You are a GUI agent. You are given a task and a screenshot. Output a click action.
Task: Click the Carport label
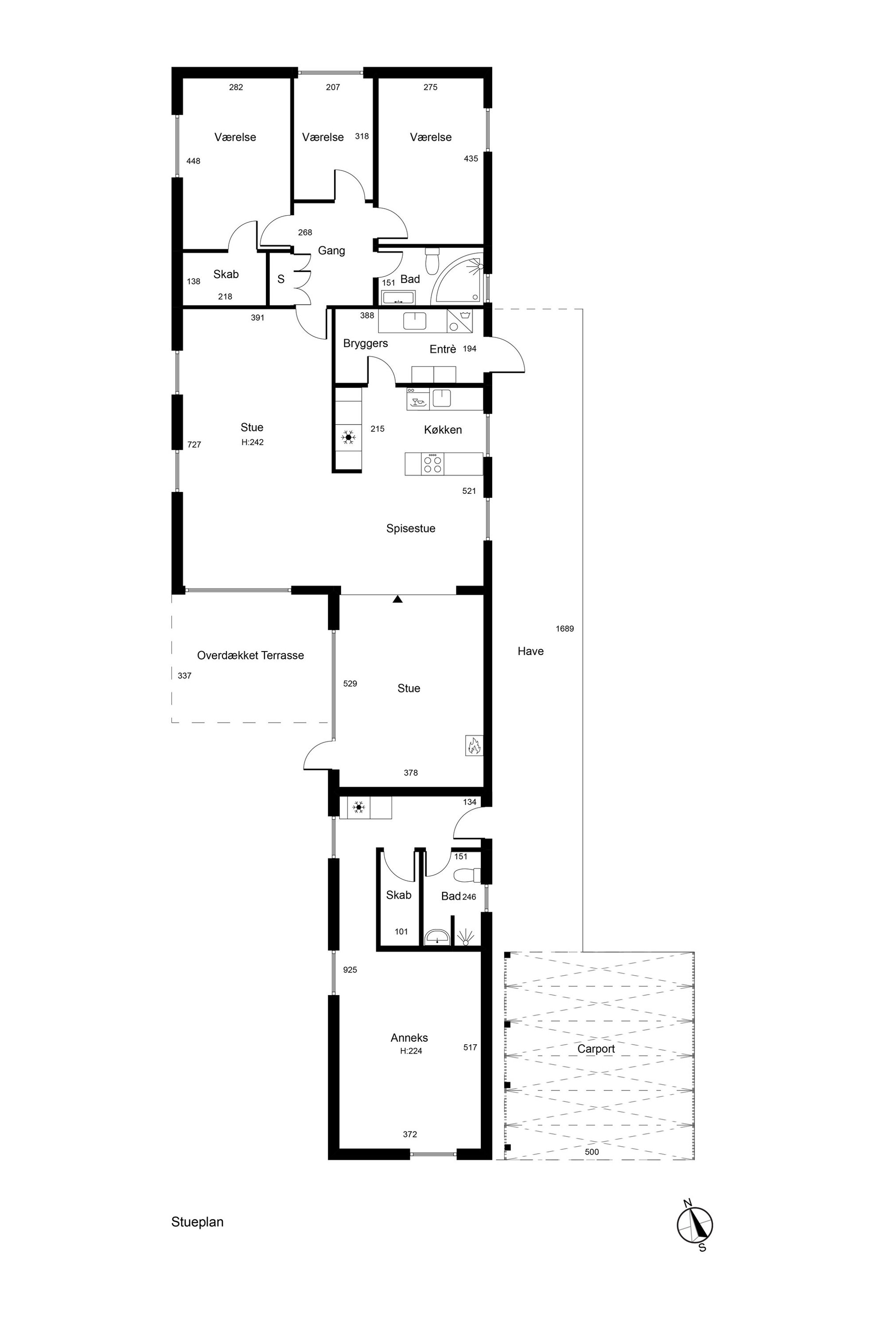596,1049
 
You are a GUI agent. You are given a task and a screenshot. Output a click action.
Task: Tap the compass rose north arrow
695,1225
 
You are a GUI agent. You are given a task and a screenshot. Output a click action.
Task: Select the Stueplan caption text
197,1222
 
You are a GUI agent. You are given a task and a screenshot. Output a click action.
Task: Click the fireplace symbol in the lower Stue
474,745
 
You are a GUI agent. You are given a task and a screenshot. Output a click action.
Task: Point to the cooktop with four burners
432,464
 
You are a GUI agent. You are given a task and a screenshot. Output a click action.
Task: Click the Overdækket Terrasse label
251,655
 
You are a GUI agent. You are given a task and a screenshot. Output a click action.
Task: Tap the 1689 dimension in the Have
564,629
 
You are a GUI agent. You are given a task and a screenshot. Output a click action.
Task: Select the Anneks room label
409,1038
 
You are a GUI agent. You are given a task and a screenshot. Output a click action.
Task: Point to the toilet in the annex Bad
467,875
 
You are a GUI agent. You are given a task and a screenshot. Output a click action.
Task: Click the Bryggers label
366,344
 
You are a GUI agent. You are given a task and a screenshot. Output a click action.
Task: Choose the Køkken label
443,430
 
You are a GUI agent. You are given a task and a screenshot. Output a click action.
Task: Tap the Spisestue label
411,528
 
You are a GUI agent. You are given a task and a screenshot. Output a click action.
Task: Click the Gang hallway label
331,251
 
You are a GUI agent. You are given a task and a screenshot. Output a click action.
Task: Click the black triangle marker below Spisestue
398,599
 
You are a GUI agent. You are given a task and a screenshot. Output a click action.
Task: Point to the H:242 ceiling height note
252,442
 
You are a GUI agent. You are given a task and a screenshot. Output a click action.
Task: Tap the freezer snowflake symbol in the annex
358,807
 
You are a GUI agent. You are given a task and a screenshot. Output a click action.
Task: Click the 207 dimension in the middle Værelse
333,87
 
